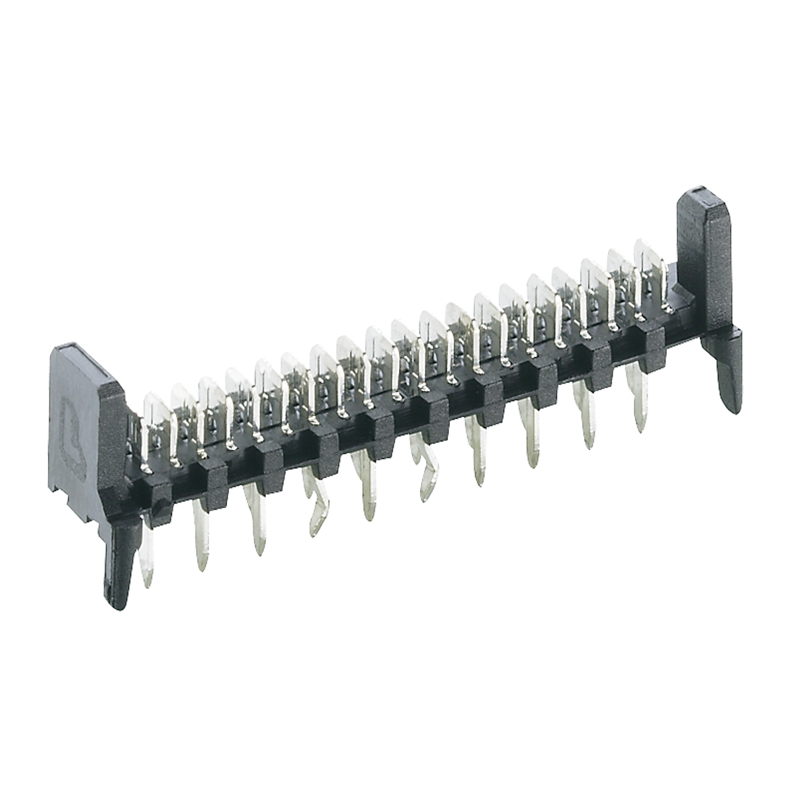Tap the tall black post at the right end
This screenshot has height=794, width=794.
(x=705, y=265)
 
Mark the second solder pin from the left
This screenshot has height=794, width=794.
(x=200, y=536)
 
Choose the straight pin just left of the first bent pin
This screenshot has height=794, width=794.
(x=257, y=523)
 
